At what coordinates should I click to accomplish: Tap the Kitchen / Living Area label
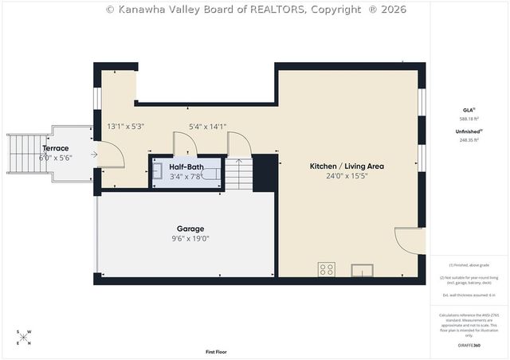pos(347,166)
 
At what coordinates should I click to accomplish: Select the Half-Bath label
pos(186,166)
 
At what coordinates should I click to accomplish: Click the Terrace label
pos(56,148)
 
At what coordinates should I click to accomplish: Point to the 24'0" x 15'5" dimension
pos(347,176)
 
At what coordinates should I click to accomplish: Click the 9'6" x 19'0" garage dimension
pos(190,237)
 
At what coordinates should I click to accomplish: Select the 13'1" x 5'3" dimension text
pos(125,126)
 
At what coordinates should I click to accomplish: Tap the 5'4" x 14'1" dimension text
pos(207,126)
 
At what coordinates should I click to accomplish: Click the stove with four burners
pos(327,269)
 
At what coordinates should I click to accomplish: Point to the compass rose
pos(25,338)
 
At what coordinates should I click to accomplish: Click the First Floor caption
pos(216,351)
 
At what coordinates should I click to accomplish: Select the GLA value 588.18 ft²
pos(469,119)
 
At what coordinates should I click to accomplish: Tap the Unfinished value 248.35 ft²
pos(469,140)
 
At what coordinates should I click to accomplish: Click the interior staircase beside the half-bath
pos(239,173)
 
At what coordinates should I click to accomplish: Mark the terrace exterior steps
pos(18,155)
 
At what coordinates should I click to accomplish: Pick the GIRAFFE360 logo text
pos(469,346)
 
